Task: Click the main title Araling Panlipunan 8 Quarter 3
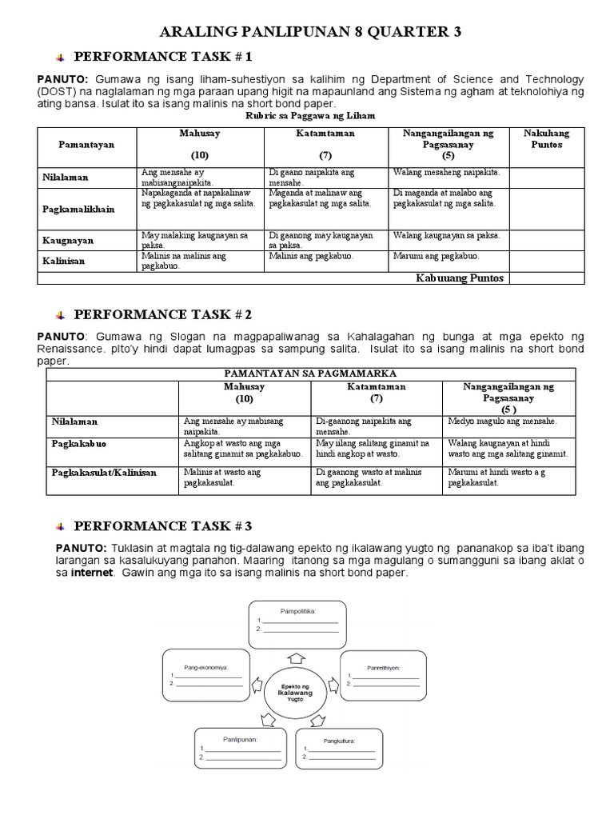click(311, 32)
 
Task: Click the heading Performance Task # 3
click(162, 525)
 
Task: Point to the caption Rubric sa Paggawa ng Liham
click(309, 116)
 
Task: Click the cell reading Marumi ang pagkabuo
click(436, 256)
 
